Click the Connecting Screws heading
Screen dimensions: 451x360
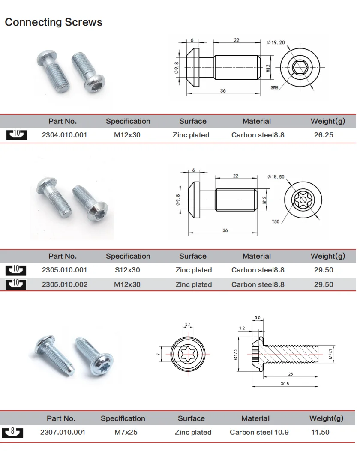coord(54,22)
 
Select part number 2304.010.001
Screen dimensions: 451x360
coord(64,135)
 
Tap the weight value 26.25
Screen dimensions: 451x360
coord(324,135)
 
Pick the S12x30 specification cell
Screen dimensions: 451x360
coord(128,270)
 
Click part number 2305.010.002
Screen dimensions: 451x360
coord(64,284)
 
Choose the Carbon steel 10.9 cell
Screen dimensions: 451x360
coord(259,432)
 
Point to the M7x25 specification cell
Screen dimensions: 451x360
coord(126,432)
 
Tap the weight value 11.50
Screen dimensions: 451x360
coord(320,432)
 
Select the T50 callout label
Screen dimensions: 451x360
coord(275,222)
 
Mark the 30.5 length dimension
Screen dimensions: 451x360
coord(285,384)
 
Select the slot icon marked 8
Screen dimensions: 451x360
coord(12,432)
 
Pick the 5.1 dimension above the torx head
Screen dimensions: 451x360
coord(188,324)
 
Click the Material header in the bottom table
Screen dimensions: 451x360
coord(255,418)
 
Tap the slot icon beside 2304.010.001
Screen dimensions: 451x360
coord(16,135)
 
